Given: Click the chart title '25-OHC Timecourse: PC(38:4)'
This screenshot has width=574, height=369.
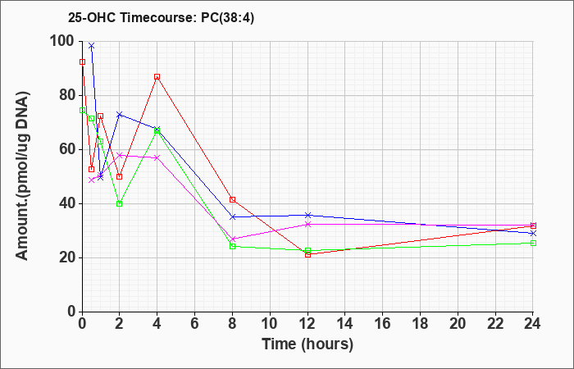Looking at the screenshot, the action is coord(161,18).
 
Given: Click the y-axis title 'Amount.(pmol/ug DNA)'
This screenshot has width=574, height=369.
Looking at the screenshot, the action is coord(22,176).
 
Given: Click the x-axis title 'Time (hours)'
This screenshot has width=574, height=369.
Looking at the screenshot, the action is coord(307,344).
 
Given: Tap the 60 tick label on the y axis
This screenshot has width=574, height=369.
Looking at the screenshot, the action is coord(68,150).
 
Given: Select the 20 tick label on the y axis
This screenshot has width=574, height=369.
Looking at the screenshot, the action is coord(68,257).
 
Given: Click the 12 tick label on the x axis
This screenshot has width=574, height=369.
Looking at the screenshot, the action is coord(307,324).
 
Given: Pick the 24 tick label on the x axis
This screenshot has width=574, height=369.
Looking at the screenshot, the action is coord(533,324).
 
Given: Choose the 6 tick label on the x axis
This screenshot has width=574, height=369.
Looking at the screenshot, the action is coord(195,324).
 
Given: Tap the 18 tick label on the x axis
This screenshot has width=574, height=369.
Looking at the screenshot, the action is coord(420,324).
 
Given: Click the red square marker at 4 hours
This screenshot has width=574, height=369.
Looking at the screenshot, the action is coord(157,77).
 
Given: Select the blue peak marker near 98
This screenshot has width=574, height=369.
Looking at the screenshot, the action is coord(92,46).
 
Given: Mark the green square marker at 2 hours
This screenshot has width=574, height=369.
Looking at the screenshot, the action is coord(120,204).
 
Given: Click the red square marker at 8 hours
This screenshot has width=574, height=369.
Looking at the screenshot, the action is coord(232,200).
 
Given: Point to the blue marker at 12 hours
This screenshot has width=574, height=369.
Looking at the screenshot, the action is coord(307,215).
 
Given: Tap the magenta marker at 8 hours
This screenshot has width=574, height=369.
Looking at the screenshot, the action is coord(232,239).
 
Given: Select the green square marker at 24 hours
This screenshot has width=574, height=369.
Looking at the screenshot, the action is coord(533,243).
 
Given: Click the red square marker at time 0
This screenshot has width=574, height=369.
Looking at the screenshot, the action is coord(82,62).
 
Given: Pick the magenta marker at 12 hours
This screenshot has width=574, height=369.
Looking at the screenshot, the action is coord(307,225).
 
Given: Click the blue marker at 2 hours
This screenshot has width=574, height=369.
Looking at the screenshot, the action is coord(120,115).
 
